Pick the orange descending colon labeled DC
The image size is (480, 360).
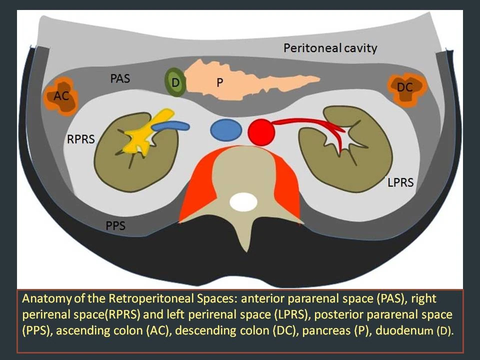coord(407,88)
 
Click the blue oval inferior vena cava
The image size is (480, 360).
coord(226,129)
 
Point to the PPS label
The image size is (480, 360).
coord(115,226)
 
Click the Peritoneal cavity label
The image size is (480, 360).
coord(330,48)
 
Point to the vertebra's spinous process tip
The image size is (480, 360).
coord(243,249)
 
